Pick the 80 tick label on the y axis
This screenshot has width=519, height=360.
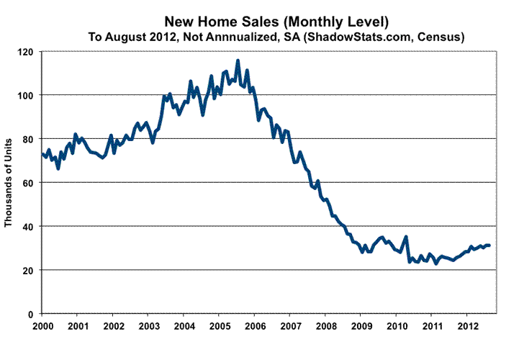click(29, 139)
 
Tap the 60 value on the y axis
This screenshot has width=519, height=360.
click(29, 183)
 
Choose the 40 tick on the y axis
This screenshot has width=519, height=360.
click(29, 227)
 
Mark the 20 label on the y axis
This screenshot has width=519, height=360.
click(29, 271)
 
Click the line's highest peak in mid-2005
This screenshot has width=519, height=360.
click(238, 60)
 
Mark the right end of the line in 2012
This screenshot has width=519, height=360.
click(489, 246)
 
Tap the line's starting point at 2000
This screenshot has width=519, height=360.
click(42, 153)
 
